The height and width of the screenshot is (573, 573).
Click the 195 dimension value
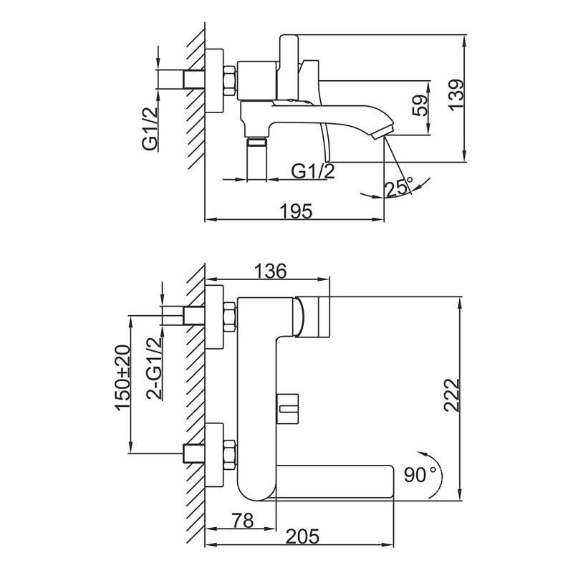tap(295, 211)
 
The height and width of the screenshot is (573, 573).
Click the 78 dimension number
tap(243, 521)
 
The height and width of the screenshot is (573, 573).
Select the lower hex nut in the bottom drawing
tap(229, 455)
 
